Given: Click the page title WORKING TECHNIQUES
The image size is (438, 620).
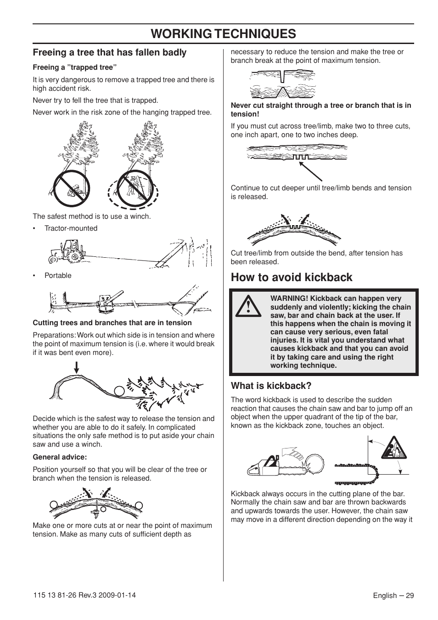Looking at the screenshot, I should (223, 33).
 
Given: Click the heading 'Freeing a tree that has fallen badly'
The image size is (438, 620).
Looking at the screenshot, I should (109, 52).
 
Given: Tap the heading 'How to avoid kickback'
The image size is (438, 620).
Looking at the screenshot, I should (292, 277).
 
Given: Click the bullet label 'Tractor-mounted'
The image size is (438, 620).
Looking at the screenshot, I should (71, 228).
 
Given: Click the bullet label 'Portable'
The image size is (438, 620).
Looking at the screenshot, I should (58, 276).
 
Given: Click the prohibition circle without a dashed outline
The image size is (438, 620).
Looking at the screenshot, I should (71, 188).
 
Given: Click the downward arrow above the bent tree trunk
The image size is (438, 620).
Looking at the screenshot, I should (77, 368).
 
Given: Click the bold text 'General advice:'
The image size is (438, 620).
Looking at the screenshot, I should (60, 457).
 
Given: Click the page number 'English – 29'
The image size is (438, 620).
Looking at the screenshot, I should (393, 596).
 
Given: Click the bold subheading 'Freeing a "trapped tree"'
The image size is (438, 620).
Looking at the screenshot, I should (75, 67).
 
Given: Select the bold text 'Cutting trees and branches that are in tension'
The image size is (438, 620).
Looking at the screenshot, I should (112, 323).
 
